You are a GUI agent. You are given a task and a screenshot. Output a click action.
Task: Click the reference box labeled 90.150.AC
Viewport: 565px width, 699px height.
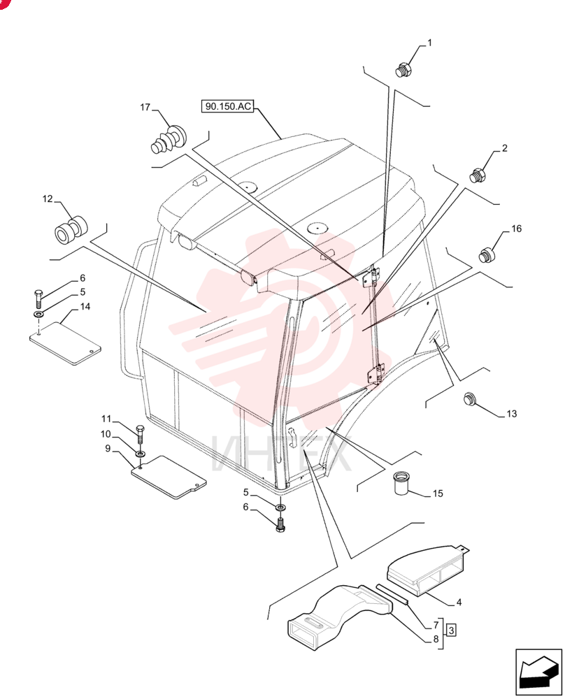point(227,106)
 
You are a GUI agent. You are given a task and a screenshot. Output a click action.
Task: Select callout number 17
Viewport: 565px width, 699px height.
point(145,107)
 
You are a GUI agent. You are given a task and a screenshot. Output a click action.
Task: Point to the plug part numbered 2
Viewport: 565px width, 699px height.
point(478,175)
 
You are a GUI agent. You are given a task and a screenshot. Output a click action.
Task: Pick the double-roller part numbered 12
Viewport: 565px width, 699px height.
point(71,229)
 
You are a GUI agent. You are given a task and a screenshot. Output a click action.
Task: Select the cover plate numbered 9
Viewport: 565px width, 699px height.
point(169,477)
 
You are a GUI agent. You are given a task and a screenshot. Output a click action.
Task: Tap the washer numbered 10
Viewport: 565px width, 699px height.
point(141,454)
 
